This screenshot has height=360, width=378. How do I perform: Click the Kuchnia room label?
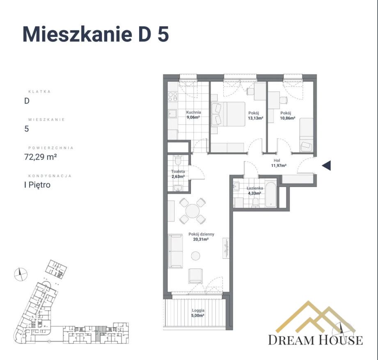coord(193,112)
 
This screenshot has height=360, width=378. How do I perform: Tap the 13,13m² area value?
coord(255,118)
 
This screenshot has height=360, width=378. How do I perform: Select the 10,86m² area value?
coord(288,118)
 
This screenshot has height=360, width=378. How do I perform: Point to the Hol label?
coord(278,161)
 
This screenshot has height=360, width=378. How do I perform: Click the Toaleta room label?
coord(178,171)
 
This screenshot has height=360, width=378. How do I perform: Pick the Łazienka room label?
coord(254,189)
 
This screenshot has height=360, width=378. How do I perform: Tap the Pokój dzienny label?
coord(199,235)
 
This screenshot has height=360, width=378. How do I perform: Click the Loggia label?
coord(198,311)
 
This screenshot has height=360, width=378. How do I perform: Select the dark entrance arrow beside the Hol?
coord(326,166)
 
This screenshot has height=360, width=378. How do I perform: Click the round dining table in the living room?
coord(192,211)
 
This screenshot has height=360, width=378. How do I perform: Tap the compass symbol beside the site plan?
coord(20,274)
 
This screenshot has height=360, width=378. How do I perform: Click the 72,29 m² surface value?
coord(40,156)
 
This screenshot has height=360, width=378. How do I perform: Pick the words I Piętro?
coord(37,185)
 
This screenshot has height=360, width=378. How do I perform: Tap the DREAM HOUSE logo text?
coord(315,340)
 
